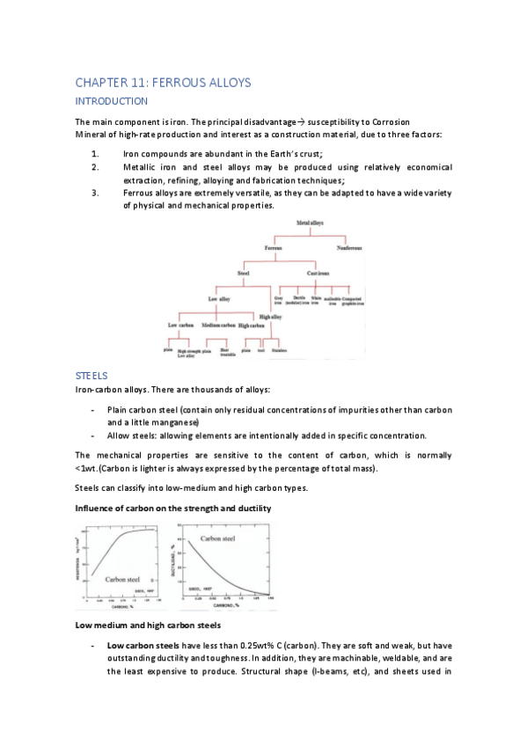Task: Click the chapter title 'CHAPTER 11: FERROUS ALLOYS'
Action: coord(163,83)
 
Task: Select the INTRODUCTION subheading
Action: coord(111,101)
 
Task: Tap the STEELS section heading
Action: coord(91,375)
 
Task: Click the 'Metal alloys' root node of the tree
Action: coord(309,223)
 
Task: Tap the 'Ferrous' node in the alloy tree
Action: coord(278,249)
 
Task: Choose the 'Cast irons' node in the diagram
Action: coord(318,274)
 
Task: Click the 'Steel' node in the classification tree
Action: coord(243,274)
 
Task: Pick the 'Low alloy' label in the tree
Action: coord(218,299)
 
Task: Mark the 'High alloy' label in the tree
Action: coord(270,317)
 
